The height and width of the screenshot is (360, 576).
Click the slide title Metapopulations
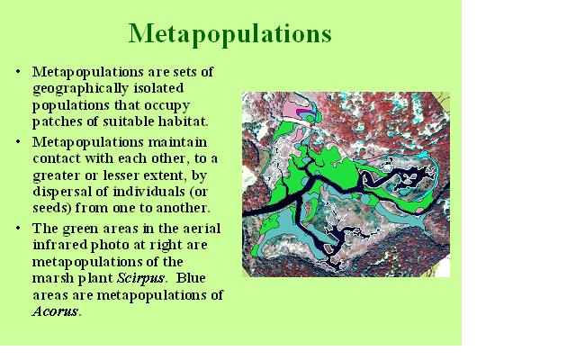tap(230, 34)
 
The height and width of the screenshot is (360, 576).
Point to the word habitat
tap(181, 121)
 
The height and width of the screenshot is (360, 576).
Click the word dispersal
tap(63, 190)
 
